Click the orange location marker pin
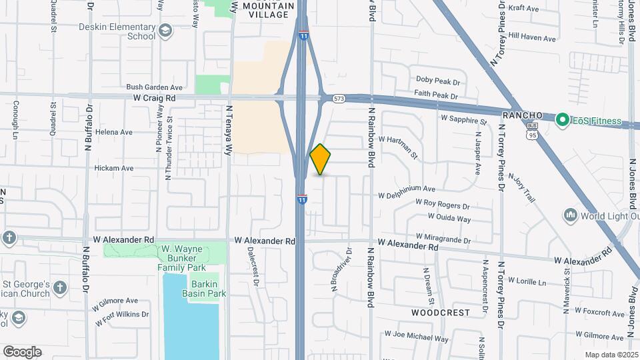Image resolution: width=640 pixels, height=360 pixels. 320,159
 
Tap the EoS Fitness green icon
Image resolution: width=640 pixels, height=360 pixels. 562,121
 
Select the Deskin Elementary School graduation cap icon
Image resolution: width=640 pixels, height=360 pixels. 165,31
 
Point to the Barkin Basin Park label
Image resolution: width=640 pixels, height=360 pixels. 207,288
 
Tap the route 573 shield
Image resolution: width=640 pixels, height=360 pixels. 340,99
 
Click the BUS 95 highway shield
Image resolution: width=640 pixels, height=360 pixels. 531,131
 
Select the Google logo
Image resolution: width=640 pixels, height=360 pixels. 22,352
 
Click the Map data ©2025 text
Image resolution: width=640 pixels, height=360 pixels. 612,355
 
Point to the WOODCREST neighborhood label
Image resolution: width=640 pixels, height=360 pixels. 440,312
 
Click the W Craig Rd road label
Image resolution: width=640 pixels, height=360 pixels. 153,97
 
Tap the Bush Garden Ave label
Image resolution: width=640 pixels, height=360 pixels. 154,87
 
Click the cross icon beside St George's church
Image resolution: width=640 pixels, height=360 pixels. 60,288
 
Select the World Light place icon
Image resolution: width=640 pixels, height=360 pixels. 570,215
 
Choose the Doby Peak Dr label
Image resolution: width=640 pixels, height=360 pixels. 437,81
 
